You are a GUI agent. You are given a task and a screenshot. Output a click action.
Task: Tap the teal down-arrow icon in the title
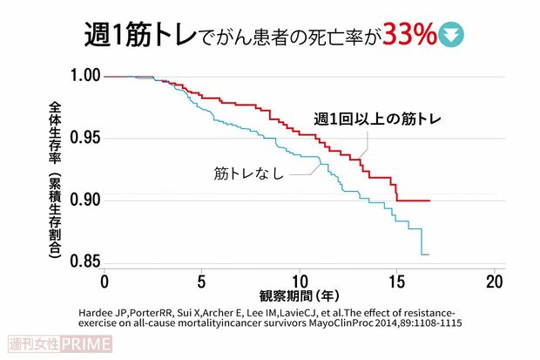click(x=454, y=34)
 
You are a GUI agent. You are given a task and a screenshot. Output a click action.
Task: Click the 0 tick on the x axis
click(x=105, y=282)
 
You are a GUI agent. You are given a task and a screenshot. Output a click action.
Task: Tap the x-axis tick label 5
click(x=201, y=282)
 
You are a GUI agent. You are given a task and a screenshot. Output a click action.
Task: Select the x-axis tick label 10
click(x=299, y=282)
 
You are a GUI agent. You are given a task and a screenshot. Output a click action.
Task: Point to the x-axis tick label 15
click(x=396, y=282)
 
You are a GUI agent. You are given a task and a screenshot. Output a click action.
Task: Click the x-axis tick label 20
click(x=494, y=282)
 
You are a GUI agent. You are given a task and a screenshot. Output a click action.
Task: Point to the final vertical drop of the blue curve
click(x=422, y=241)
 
